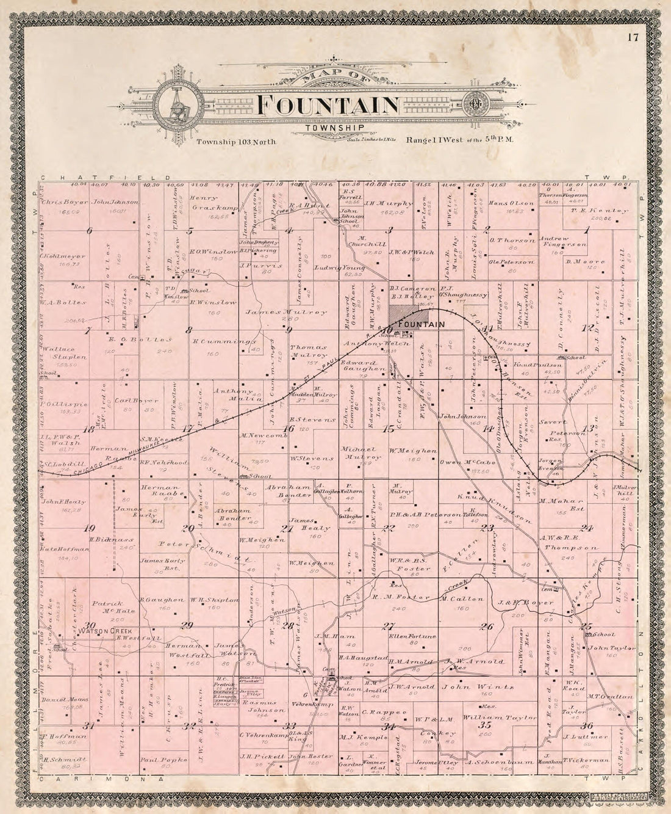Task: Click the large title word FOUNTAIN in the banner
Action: (328, 105)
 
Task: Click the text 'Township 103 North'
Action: (236, 142)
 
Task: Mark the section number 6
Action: (89, 230)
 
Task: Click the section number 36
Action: (587, 725)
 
